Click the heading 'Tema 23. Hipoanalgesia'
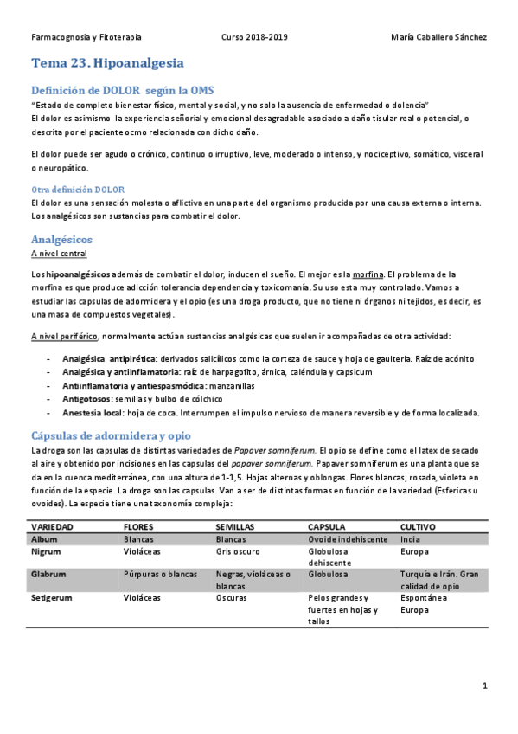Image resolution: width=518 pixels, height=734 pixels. click(107, 63)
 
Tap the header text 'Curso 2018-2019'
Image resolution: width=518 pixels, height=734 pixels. click(255, 37)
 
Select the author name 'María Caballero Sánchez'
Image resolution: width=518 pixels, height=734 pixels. click(439, 37)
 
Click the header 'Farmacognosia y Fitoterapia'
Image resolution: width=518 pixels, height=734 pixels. click(86, 37)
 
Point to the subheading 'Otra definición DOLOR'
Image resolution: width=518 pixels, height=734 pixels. click(78, 189)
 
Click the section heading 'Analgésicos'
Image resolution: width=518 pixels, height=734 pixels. click(61, 238)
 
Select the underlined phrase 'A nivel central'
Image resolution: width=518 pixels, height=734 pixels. click(59, 254)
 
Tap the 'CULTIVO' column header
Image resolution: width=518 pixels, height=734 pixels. click(419, 526)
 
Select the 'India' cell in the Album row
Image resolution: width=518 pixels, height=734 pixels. click(410, 538)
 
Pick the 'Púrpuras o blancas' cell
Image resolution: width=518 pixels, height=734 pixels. click(161, 573)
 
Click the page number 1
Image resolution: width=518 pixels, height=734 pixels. click(486, 686)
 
